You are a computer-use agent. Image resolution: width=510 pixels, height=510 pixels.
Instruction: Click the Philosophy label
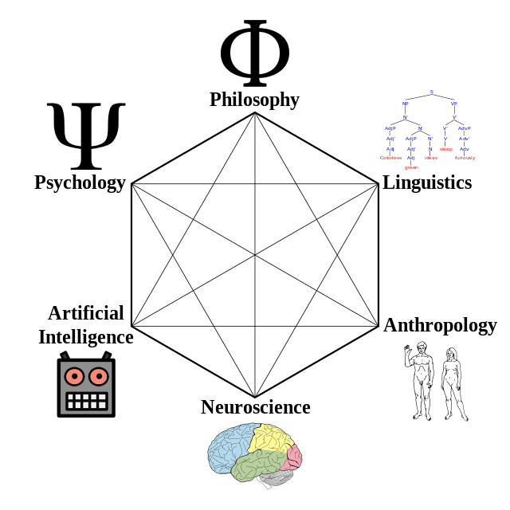[254, 100]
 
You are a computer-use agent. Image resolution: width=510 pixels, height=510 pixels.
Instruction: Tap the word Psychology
[80, 182]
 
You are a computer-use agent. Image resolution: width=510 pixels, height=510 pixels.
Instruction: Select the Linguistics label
[428, 182]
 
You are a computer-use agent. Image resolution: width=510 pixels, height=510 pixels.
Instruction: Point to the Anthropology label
[440, 325]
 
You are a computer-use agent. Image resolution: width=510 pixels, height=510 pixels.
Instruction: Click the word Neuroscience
[255, 407]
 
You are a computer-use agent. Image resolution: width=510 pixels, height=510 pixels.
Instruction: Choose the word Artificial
[86, 312]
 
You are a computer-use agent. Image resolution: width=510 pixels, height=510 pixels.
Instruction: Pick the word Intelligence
[86, 336]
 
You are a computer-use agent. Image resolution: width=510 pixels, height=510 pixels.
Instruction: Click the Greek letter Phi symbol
[254, 53]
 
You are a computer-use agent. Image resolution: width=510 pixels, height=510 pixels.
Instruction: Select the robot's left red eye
[74, 375]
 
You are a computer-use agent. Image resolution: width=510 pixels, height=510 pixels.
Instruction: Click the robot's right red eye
[99, 375]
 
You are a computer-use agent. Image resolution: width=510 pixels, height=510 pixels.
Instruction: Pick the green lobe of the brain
[259, 465]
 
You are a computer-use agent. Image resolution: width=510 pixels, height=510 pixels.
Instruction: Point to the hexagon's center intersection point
[255, 255]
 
